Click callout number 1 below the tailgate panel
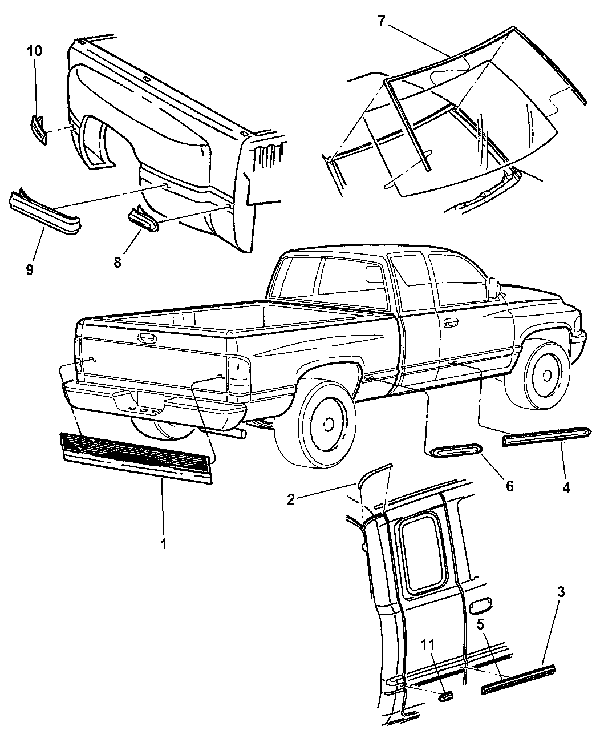pyautogui.click(x=163, y=544)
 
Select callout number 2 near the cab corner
pyautogui.click(x=291, y=499)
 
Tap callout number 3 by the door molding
pyautogui.click(x=561, y=592)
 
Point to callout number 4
pyautogui.click(x=566, y=488)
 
